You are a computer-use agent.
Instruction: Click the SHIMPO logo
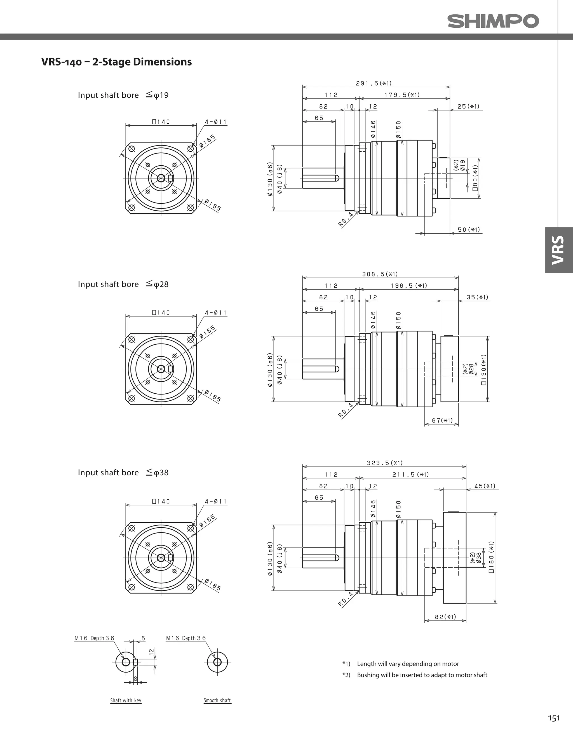tap(493, 21)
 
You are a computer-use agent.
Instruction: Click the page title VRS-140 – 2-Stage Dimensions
tap(116, 62)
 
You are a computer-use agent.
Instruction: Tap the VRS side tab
tap(558, 250)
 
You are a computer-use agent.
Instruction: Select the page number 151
tap(554, 718)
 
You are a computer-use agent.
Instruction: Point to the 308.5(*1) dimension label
tap(380, 274)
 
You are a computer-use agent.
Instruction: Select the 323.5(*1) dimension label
tap(385, 463)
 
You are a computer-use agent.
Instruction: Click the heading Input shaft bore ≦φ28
tap(123, 284)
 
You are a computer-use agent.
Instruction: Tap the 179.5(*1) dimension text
tap(402, 95)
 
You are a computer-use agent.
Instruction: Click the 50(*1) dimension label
tap(469, 230)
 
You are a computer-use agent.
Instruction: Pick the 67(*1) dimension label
tap(442, 420)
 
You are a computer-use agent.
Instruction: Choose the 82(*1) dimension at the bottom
tap(445, 617)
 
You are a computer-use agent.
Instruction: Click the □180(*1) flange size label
tap(491, 557)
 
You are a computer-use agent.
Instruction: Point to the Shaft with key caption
tap(126, 701)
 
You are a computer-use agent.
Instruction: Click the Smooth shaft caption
tap(217, 701)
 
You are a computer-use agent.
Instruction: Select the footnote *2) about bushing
tap(415, 675)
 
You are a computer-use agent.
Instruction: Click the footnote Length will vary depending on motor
tap(408, 664)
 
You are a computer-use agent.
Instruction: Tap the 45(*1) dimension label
tap(485, 486)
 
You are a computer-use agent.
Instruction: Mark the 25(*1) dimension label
tap(468, 107)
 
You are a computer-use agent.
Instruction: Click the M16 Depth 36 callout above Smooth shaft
tap(186, 638)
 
